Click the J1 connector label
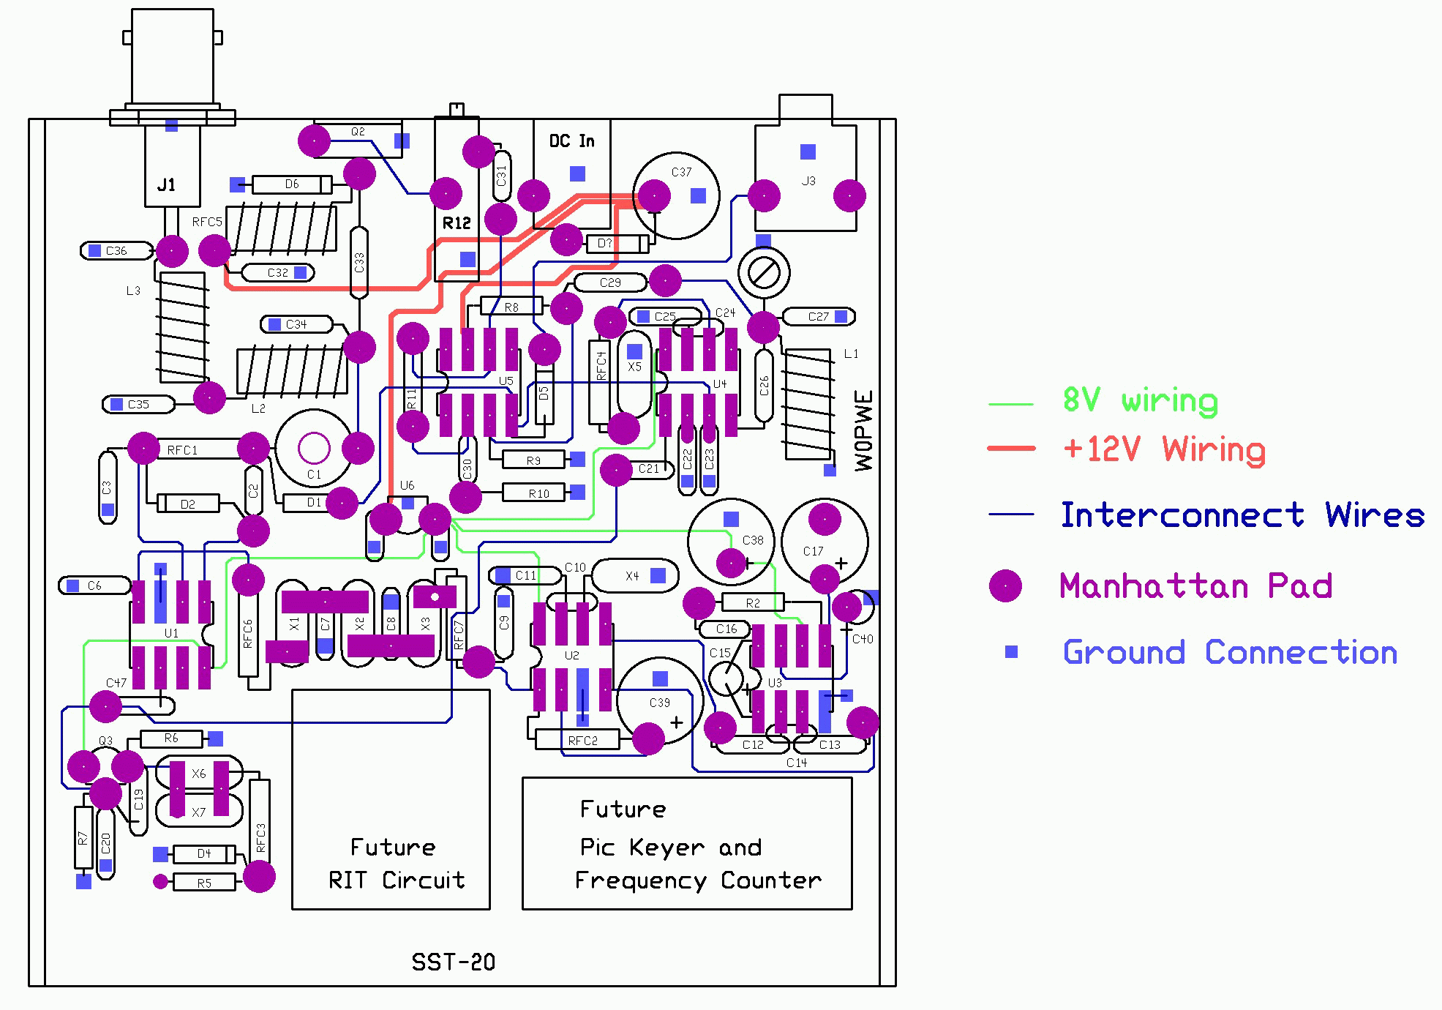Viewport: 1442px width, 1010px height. coord(167,185)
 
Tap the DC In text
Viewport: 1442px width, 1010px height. coord(571,141)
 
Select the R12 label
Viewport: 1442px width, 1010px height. coord(457,223)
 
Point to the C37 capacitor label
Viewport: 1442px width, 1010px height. coord(681,172)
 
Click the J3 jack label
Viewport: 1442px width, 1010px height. coord(808,181)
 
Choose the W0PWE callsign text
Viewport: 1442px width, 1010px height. coord(864,431)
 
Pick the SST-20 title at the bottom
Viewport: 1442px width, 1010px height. coord(453,962)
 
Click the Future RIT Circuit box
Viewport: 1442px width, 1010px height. coord(391,799)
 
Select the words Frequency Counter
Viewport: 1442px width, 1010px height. coord(698,880)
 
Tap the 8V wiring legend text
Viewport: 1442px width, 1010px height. coord(1140,401)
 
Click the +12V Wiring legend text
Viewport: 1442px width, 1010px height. coord(1163,449)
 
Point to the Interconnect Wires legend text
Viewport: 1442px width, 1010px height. coord(1242,515)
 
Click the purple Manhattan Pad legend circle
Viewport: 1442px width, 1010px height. coord(1005,586)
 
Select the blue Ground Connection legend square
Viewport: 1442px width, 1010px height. coord(1011,651)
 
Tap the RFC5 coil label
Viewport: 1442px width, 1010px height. coord(207,222)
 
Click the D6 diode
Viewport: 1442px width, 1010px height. coord(292,184)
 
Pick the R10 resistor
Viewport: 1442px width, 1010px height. coord(538,493)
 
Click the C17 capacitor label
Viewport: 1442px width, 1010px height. coord(813,551)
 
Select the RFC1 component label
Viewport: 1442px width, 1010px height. coord(182,450)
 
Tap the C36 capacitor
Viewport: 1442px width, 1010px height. coord(117,251)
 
